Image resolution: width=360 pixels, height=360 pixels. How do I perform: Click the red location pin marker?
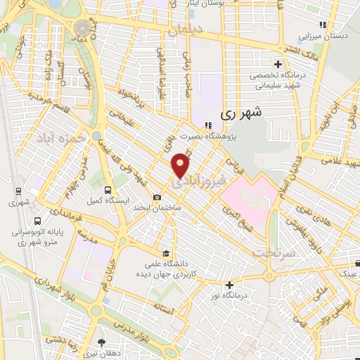click(x=181, y=165)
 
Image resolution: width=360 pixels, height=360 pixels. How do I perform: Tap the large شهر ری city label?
click(x=240, y=112)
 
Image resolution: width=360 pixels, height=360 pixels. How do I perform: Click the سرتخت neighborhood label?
click(x=272, y=251)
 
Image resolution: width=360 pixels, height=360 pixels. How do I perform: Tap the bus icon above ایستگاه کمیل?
click(x=108, y=189)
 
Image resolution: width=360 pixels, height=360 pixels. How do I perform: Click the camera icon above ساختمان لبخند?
click(x=157, y=197)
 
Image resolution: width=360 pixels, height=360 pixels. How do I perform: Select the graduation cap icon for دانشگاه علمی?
click(x=165, y=253)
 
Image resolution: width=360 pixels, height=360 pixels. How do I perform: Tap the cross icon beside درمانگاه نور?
click(x=229, y=285)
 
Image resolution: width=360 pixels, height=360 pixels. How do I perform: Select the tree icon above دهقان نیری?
click(x=103, y=342)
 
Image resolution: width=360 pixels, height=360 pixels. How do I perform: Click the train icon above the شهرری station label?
click(x=17, y=191)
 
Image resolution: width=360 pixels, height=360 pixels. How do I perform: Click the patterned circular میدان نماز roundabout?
click(x=84, y=27)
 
